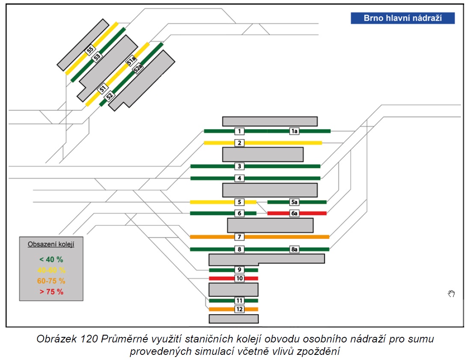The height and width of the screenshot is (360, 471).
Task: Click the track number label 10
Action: pos(240,278)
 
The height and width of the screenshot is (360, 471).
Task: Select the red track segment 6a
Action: pos(297,213)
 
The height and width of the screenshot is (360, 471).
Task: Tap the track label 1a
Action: pos(294,131)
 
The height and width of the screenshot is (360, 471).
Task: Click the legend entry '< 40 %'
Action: pos(51,259)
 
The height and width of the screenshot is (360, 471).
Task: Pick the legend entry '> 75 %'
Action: pos(51,292)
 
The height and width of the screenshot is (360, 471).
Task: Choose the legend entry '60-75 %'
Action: pos(51,281)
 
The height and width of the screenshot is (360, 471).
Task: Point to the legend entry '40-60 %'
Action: pos(51,270)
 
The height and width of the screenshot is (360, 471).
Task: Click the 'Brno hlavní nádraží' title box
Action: pos(403,18)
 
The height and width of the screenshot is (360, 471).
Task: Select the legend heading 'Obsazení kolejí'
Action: pos(51,244)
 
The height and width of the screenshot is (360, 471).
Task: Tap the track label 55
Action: pos(90,50)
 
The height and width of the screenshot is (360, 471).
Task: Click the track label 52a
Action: pos(138,69)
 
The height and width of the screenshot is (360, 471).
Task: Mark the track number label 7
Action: pos(240,237)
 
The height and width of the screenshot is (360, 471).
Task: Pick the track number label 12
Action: pos(240,309)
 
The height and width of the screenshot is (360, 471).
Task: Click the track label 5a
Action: pos(294,202)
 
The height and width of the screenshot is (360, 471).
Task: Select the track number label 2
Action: pos(240,143)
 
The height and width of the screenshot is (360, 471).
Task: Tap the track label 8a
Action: pos(294,249)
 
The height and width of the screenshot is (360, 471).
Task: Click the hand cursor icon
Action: pos(451,294)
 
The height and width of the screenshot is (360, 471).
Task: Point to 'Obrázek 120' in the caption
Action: pos(67,339)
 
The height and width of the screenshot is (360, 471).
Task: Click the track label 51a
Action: pos(131,61)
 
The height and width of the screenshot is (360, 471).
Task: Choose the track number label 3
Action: pos(240,166)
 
